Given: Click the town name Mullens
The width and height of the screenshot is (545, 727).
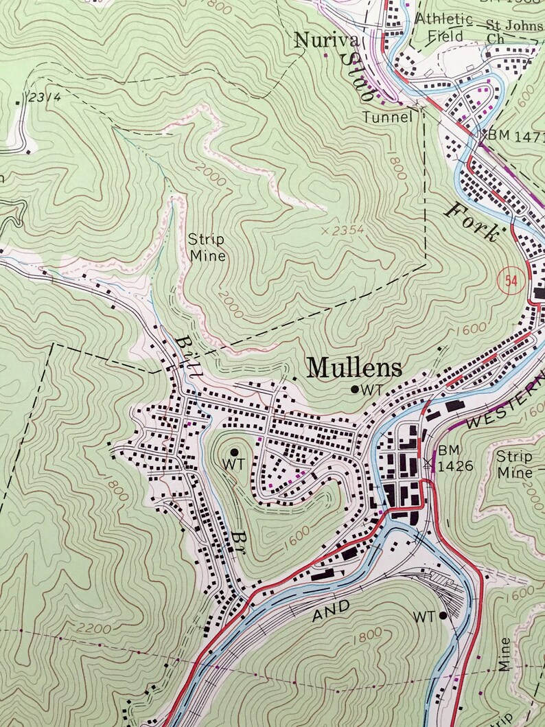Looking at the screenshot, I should pos(354,368).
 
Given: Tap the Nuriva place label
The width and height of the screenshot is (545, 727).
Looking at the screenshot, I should pos(318,41).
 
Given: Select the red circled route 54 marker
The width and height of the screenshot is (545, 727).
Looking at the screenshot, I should pos(509,280).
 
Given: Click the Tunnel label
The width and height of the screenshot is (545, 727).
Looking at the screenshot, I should pos(389,117).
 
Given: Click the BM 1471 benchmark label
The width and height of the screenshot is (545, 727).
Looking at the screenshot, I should pos(511,135).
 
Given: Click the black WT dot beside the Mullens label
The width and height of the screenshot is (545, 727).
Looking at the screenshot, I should pos(354,389).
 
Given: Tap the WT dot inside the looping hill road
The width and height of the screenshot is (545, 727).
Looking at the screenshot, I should pos(234,452).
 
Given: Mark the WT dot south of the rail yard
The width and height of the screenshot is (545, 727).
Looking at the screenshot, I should pos(443,616).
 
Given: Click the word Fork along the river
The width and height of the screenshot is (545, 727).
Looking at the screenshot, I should pos(472,221).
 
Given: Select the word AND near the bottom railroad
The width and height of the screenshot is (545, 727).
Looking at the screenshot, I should pos(331,610).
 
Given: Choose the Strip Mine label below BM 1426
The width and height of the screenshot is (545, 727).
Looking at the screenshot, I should pos(514,464).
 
